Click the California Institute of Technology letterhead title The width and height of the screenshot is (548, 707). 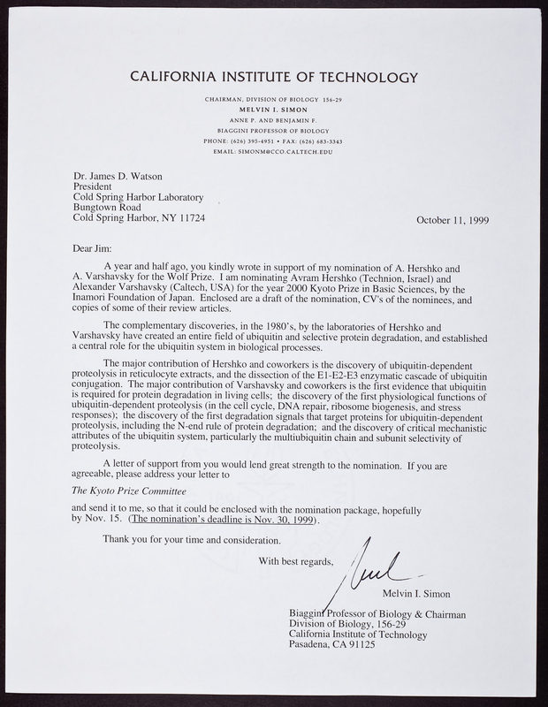point(274,76)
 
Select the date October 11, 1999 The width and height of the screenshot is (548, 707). point(453,221)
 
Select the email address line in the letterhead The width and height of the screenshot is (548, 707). point(273,151)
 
